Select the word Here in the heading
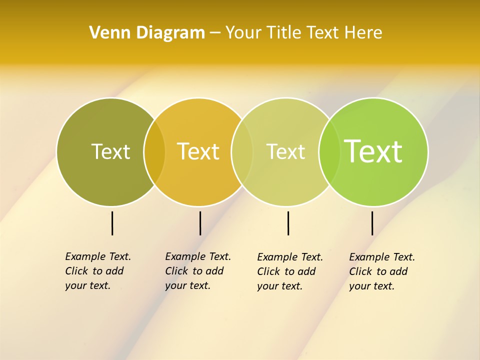click(363, 32)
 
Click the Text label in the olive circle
click(110, 151)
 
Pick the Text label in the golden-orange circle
click(198, 151)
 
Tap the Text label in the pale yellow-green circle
click(285, 151)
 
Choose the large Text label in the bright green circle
click(373, 151)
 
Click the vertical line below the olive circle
click(112, 223)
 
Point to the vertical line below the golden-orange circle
click(200, 223)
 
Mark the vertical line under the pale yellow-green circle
click(288, 223)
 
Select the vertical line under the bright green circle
click(372, 223)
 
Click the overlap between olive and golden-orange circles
click(154, 151)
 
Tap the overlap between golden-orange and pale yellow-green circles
click(242, 151)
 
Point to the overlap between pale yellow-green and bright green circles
click(329, 151)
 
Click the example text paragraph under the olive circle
click(97, 271)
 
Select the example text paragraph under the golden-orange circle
click(197, 271)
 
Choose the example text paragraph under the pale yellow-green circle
click(289, 271)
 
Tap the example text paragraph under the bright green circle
click(381, 271)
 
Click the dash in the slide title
click(215, 33)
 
